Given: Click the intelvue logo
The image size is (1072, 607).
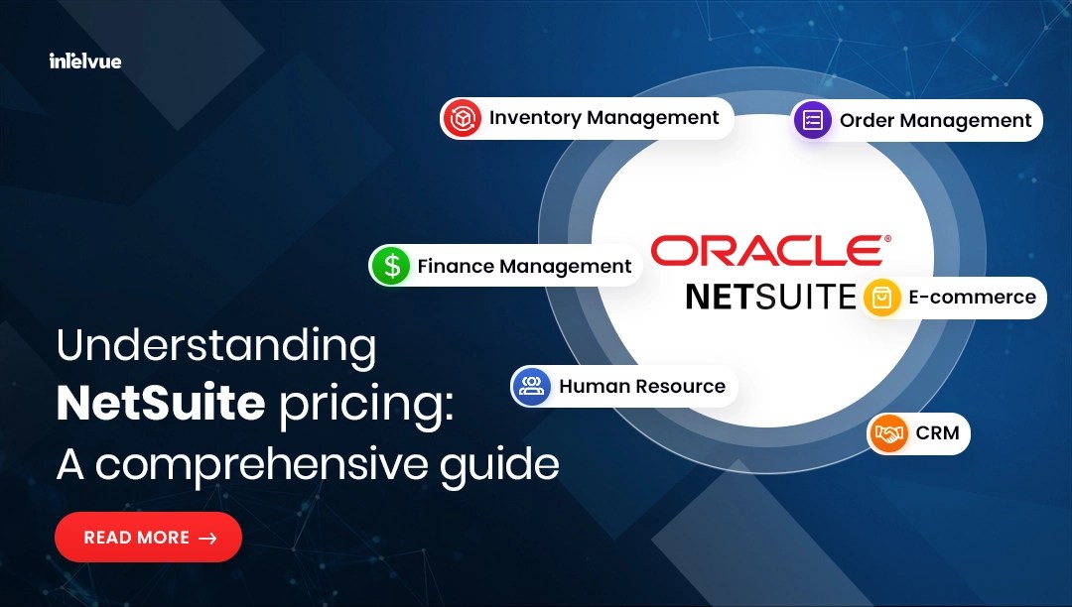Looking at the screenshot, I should (x=85, y=61).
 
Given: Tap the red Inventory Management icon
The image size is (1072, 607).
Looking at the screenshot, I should (x=463, y=119).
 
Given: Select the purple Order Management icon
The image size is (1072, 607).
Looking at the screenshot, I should (x=813, y=120).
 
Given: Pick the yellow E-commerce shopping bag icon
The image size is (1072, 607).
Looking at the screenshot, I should (x=881, y=298).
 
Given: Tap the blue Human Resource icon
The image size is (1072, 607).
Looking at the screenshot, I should (x=532, y=386).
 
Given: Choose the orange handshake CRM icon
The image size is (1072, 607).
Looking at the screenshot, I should (x=889, y=434).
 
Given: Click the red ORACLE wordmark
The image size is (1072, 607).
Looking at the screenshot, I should (x=765, y=251).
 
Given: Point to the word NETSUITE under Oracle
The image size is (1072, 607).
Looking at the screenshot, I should (x=770, y=297).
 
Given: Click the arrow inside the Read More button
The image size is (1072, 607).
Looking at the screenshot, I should (x=207, y=539).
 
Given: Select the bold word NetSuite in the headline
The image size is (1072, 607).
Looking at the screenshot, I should (x=161, y=405).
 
